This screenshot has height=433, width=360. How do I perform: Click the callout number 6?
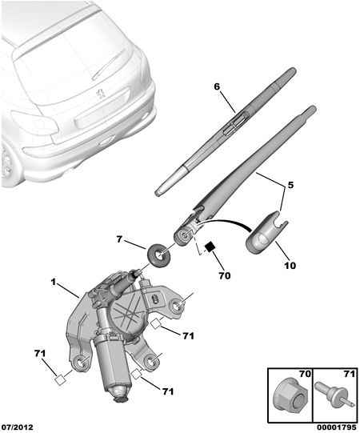217,86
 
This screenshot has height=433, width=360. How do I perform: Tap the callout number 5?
290,185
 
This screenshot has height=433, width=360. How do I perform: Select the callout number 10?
290,266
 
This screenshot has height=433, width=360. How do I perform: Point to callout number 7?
119,239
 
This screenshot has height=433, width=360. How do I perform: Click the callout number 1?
54,282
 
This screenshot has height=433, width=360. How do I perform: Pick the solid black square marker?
210,247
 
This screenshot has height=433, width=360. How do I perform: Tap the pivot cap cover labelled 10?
266,231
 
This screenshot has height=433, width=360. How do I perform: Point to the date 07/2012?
17,427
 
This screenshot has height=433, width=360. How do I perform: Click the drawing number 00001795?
336,427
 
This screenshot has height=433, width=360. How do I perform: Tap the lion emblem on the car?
101,93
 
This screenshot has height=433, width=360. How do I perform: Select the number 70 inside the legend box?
305,375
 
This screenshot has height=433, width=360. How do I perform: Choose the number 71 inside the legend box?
350,375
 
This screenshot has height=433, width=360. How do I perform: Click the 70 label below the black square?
225,275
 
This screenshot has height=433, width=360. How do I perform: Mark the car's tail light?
34,123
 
